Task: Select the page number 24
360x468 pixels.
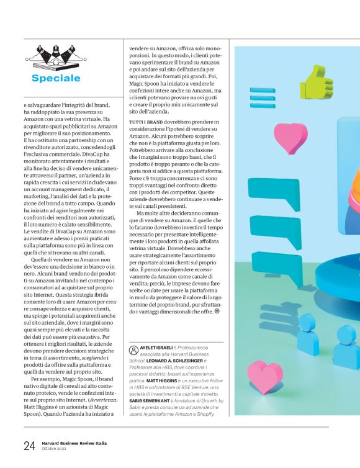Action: point(30,446)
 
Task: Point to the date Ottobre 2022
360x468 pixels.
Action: point(56,449)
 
